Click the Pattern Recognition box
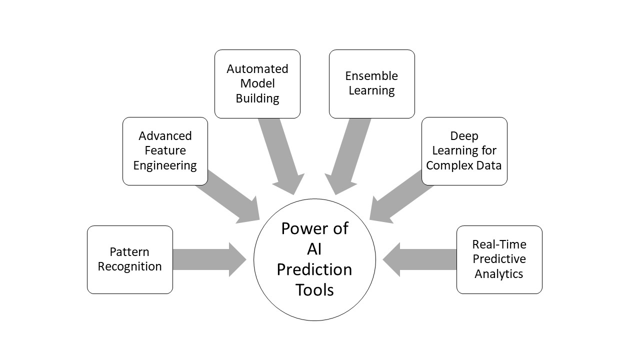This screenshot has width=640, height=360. point(130,259)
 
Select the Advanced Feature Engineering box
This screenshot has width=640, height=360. point(165,151)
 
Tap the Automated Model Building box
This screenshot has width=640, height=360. point(257,83)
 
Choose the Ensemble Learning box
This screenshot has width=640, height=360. point(371,83)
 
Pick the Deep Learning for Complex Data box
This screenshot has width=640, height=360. point(464,151)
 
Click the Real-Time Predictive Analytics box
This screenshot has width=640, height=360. point(499,259)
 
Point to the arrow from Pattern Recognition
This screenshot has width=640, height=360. point(207,259)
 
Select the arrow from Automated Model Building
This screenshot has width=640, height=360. point(282,155)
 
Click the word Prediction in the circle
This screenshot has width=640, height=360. point(314,269)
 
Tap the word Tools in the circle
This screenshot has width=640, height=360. point(314,290)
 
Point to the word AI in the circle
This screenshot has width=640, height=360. point(314,249)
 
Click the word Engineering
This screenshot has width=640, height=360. point(165,165)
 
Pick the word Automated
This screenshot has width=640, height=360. point(257,69)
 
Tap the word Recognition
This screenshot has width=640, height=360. point(130,266)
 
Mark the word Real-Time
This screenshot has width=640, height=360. point(499,244)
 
